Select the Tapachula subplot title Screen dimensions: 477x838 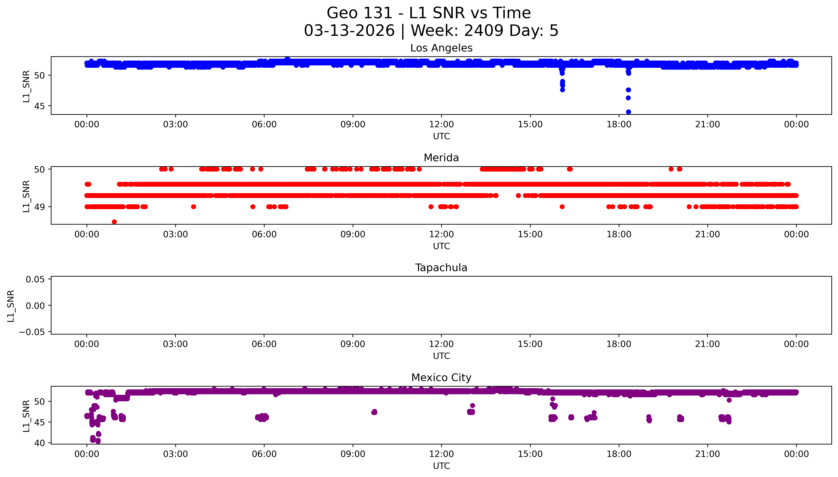tap(441, 268)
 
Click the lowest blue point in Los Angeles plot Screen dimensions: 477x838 tap(628, 112)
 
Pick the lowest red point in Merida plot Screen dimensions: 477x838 tap(114, 222)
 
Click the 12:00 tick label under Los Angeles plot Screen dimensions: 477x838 tap(441, 125)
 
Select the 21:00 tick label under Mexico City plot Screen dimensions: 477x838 tap(708, 454)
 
